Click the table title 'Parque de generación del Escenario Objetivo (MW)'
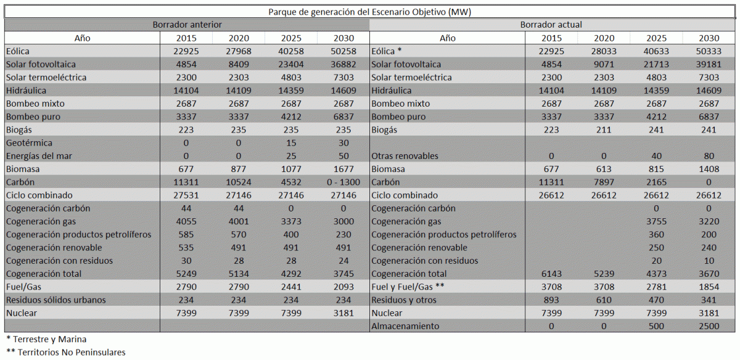[371, 12]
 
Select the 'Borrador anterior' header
[187, 25]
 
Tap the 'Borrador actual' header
[551, 25]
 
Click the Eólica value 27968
[239, 51]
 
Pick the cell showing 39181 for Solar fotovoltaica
[709, 64]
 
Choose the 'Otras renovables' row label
[405, 156]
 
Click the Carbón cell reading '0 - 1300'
[343, 182]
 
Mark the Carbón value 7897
[604, 182]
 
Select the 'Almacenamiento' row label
[405, 326]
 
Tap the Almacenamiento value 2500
[709, 326]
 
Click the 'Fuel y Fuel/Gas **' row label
[408, 287]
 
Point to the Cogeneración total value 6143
[551, 274]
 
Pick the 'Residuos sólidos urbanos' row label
[55, 300]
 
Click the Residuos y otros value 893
[551, 300]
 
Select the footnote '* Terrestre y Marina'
[46, 339]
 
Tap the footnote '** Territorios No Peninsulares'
[65, 353]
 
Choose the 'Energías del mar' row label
[38, 156]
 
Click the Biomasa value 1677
[343, 169]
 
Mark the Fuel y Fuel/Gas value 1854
[709, 287]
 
